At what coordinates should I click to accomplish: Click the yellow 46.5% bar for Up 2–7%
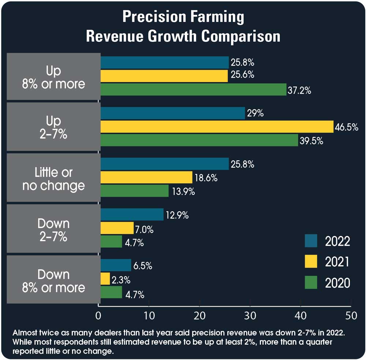click(x=217, y=127)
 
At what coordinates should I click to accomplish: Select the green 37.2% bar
click(x=193, y=89)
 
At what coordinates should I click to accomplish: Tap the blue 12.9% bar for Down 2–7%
click(x=132, y=215)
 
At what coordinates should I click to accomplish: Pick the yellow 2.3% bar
click(x=105, y=279)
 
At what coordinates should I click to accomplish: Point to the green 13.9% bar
click(x=134, y=191)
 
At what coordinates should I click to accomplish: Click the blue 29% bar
click(x=172, y=113)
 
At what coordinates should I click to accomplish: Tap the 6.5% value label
click(x=143, y=266)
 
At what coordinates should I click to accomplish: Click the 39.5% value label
click(x=311, y=141)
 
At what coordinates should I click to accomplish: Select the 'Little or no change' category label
click(x=53, y=179)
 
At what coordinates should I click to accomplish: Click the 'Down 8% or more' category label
click(x=53, y=281)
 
